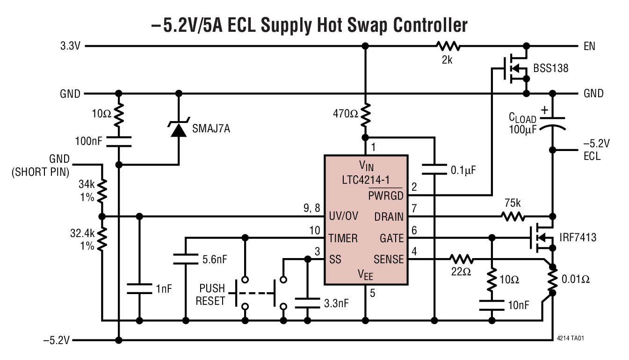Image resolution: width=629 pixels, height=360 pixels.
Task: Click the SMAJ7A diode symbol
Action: [x=178, y=129]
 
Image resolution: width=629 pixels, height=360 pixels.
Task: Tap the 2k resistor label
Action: [x=447, y=60]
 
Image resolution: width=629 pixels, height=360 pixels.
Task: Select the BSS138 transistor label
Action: [x=551, y=68]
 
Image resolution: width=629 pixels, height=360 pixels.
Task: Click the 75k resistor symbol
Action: [x=513, y=216]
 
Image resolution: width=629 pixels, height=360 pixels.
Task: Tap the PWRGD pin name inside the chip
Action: [x=385, y=196]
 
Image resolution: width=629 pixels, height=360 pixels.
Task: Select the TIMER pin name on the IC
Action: [x=343, y=238]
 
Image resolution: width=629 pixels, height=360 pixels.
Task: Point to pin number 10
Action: [x=315, y=230]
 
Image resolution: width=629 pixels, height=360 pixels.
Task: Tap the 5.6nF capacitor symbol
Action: [x=186, y=259]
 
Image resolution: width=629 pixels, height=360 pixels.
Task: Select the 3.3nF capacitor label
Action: [x=336, y=303]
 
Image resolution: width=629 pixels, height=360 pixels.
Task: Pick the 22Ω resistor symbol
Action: [x=462, y=259]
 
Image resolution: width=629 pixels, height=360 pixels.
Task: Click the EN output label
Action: [x=589, y=47]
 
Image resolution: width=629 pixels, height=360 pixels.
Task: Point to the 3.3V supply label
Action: [x=71, y=47]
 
